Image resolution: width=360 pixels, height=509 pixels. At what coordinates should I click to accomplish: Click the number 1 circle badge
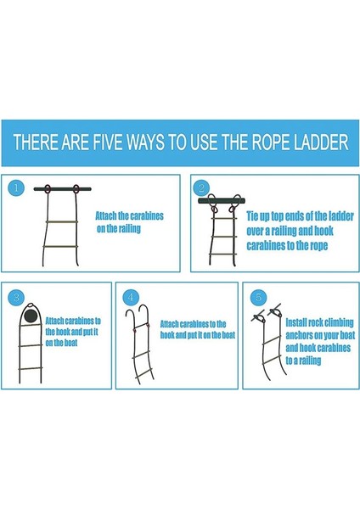point(16,187)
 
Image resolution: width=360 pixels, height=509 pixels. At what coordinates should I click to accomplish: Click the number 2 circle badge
point(201,187)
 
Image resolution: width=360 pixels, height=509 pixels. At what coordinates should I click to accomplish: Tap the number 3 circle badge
point(16,297)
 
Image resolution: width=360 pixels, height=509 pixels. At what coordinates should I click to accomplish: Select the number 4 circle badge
point(131,297)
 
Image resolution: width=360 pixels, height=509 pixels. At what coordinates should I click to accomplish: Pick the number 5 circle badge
point(258,297)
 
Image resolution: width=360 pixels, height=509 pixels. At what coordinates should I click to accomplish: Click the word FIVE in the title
point(108,143)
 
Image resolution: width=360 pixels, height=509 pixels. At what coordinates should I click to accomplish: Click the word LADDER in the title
point(321,143)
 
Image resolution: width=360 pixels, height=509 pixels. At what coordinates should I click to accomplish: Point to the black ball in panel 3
point(31,315)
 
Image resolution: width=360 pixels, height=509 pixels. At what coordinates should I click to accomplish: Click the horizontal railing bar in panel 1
point(62,189)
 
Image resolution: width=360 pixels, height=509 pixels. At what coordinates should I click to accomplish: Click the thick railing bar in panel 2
point(222,201)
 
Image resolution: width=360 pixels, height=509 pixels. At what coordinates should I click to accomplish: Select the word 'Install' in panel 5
point(295,322)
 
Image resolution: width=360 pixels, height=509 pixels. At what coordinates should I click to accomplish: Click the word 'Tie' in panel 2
point(252,215)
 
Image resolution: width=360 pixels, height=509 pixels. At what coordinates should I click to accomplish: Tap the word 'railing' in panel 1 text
point(129,228)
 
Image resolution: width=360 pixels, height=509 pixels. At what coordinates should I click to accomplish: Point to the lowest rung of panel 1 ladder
point(61,247)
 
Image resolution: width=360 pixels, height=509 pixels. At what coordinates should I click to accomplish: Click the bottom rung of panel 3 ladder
point(31,369)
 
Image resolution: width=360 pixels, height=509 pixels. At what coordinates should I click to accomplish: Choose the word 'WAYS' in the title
point(145,143)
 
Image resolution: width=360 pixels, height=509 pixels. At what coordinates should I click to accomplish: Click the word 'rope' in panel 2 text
point(318,246)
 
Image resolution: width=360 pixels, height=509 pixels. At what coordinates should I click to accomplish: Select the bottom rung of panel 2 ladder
point(223,255)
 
